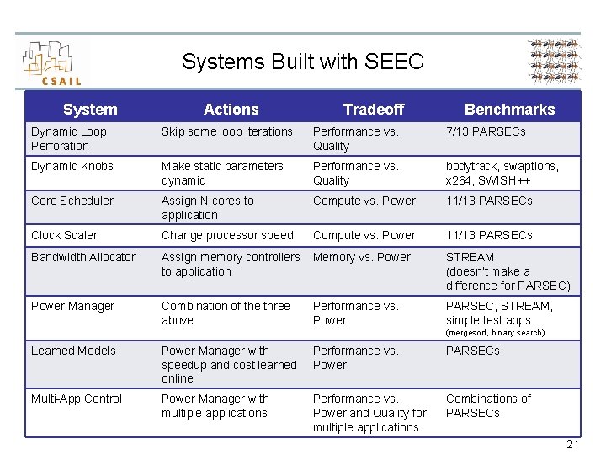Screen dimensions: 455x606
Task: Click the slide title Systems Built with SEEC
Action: click(x=302, y=62)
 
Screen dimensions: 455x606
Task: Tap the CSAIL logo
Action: click(x=52, y=63)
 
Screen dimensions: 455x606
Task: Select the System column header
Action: click(x=90, y=110)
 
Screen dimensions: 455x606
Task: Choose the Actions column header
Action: click(x=231, y=110)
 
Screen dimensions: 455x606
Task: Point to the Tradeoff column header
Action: click(x=374, y=110)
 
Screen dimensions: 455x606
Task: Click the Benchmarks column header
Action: click(x=509, y=110)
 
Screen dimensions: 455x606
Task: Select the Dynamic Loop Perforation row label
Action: click(x=69, y=138)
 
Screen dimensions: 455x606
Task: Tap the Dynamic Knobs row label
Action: click(x=72, y=166)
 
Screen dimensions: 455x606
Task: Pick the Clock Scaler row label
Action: click(x=65, y=235)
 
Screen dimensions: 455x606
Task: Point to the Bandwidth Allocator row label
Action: click(x=83, y=257)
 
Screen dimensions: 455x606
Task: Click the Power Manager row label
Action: click(x=73, y=306)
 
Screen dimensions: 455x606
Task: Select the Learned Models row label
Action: click(x=74, y=351)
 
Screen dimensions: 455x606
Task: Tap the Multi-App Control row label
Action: click(x=77, y=399)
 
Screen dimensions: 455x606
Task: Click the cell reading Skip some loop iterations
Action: click(x=227, y=131)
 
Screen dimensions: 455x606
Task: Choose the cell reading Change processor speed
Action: click(x=227, y=235)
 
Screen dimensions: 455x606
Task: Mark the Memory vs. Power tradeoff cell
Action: click(x=362, y=257)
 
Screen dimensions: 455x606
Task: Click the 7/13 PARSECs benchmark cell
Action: click(x=486, y=131)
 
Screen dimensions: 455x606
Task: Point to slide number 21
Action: click(x=572, y=444)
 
